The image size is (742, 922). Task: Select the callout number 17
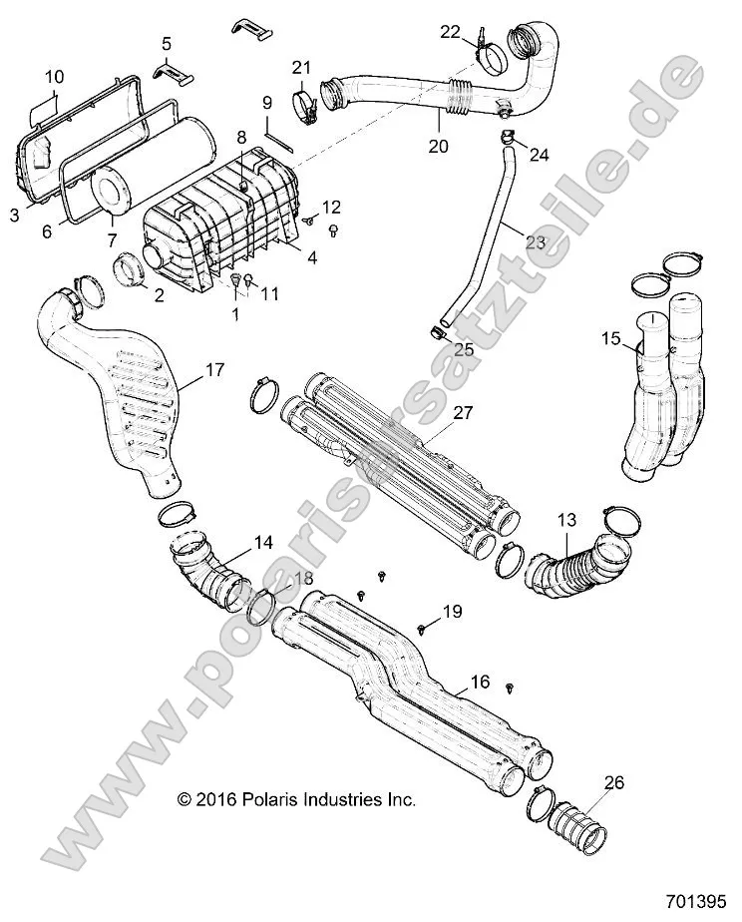coord(214,370)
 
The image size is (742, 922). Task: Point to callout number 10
coord(54,77)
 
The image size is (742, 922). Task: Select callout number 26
coord(614,783)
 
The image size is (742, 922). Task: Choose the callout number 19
coord(452,612)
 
